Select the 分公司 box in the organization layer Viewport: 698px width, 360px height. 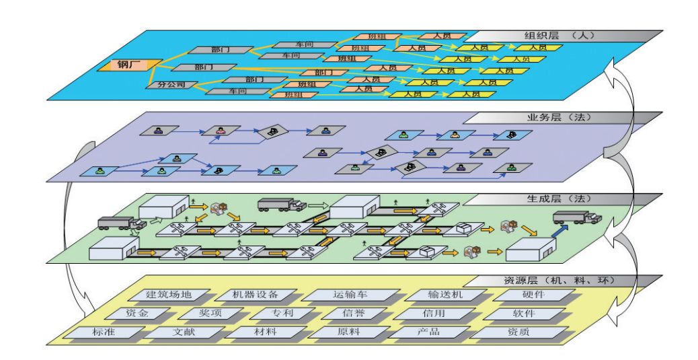pos(170,85)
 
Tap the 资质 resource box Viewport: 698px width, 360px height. pos(508,332)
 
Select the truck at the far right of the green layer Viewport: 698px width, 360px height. pos(577,217)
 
